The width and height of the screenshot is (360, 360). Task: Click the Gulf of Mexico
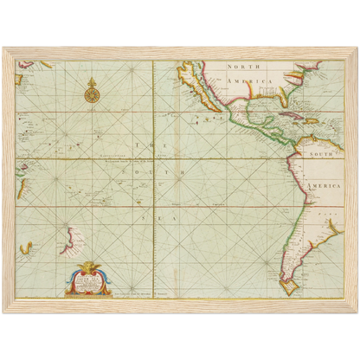click(x=256, y=101)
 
